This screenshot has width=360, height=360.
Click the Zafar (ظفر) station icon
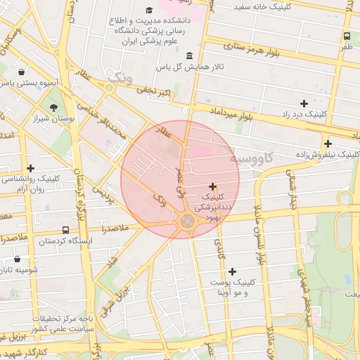347,37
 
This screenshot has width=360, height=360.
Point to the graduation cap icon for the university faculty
149,10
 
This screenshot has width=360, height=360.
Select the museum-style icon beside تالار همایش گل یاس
188,56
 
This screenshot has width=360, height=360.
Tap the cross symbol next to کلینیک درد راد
304,103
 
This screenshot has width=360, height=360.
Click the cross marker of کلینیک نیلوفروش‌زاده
328,143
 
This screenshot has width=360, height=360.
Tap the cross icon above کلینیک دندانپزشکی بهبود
213,187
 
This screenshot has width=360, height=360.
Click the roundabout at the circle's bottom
187,222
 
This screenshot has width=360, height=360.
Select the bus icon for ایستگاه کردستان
65,230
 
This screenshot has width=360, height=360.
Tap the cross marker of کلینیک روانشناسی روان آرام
30,168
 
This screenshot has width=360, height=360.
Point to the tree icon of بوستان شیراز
54,108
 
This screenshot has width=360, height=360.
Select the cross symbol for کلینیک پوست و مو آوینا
232,271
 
